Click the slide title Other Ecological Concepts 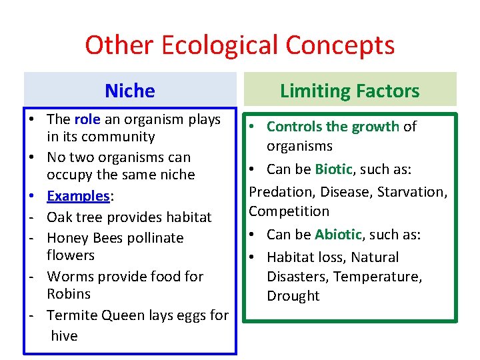[239, 45]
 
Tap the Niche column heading [130, 91]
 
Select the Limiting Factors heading [349, 91]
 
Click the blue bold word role [87, 119]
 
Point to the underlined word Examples [78, 196]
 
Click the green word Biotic [333, 169]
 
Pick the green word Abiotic [338, 235]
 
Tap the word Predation [281, 191]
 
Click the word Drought [293, 296]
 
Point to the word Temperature [377, 276]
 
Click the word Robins [69, 294]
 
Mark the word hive [64, 336]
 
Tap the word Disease [347, 191]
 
